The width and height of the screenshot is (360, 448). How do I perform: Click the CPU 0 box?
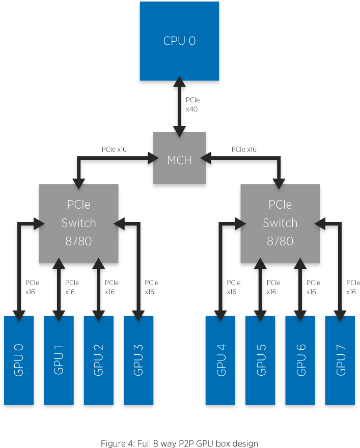[x=179, y=41]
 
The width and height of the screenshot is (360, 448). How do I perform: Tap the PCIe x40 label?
[x=192, y=104]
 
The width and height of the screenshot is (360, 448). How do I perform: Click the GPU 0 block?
[x=19, y=360]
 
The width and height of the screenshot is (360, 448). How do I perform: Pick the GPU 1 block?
[x=59, y=360]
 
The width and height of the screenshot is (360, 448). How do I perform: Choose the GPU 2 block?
[x=98, y=360]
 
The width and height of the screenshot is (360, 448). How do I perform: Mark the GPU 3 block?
[x=138, y=360]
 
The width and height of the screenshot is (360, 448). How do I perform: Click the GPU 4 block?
[x=220, y=360]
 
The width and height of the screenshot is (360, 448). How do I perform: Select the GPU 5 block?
[x=260, y=360]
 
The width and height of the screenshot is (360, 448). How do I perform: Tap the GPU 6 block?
[x=300, y=360]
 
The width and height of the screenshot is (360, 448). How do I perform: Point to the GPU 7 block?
[x=340, y=360]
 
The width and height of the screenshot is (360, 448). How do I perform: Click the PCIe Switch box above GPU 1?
[x=78, y=223]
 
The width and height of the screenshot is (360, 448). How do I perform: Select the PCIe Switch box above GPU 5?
[x=280, y=223]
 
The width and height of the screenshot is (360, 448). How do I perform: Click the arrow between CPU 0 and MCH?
[x=179, y=106]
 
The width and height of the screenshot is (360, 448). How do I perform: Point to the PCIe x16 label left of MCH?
[x=114, y=150]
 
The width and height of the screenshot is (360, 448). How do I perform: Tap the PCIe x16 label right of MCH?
[x=244, y=150]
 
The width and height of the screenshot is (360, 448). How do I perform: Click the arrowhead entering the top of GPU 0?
[x=19, y=316]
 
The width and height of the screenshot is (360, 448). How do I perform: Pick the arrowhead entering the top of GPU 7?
[x=340, y=316]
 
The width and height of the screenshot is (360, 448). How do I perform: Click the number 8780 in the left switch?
[x=78, y=241]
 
